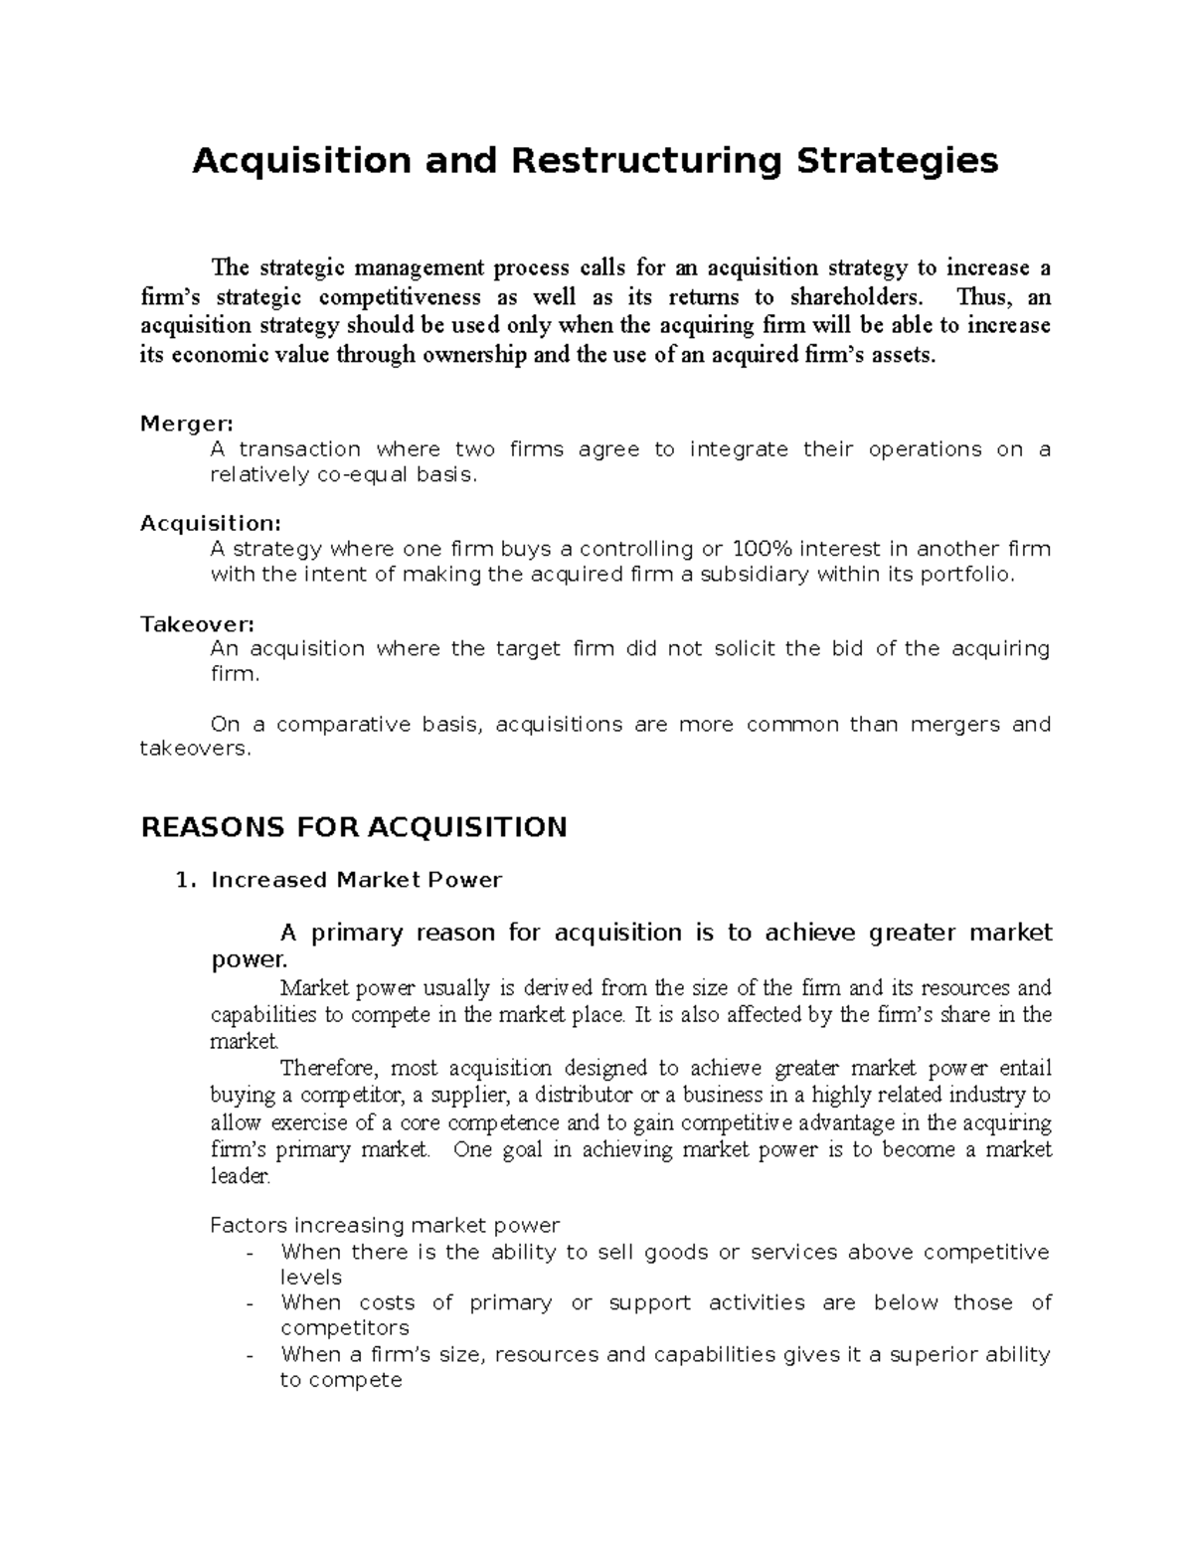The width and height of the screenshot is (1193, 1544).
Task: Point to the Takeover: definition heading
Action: [197, 624]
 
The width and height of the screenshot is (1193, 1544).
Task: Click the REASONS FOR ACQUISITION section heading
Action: [354, 827]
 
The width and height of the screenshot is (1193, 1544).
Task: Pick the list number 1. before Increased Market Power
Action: [181, 880]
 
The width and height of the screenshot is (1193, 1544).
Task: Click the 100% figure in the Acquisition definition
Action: [761, 550]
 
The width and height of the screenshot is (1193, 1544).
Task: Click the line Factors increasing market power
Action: [385, 1225]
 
